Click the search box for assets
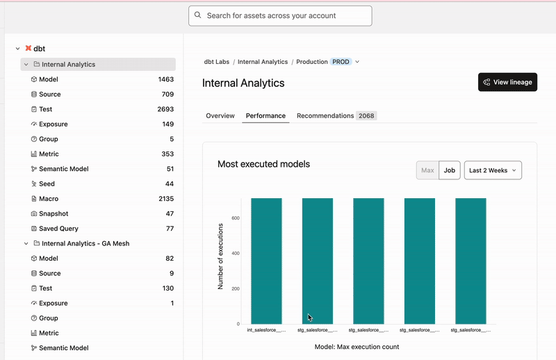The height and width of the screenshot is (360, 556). [x=280, y=15]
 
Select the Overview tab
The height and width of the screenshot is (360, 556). [x=220, y=115]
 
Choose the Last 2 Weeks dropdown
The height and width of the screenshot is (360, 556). [x=493, y=170]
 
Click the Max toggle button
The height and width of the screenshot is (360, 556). [x=427, y=170]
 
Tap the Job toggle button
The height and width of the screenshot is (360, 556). [x=450, y=170]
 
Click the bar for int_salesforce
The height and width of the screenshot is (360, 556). [x=266, y=261]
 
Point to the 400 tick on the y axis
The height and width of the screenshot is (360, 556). [x=236, y=253]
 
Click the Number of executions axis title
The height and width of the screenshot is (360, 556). [x=220, y=256]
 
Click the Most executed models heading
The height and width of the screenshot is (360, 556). [x=263, y=164]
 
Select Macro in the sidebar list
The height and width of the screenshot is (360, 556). [x=49, y=199]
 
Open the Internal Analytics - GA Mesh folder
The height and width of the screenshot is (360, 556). [x=85, y=243]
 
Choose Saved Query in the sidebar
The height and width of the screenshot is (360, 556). [x=58, y=229]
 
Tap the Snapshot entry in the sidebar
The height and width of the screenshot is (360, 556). [x=53, y=213]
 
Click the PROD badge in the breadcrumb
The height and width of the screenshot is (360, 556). [x=341, y=62]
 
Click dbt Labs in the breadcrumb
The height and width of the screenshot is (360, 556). [x=217, y=62]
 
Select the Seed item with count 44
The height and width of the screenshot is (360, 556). [x=47, y=183]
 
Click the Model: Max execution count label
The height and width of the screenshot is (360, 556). [x=357, y=347]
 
